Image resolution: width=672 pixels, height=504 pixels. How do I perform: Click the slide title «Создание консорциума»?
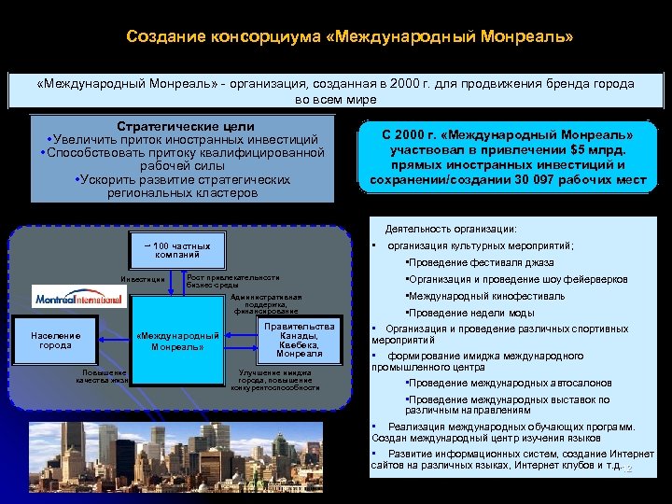[350, 38]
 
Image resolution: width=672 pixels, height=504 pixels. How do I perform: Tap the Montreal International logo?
[78, 299]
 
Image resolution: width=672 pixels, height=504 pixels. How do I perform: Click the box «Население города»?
[55, 340]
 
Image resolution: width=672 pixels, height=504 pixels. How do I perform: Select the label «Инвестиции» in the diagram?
[144, 280]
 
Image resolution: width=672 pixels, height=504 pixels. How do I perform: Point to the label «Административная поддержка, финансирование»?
[265, 302]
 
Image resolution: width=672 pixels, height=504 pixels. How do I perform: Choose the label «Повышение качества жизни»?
[102, 376]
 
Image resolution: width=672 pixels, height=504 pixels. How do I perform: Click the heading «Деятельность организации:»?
[451, 229]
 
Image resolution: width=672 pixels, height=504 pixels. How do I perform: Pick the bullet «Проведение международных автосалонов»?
[509, 383]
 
